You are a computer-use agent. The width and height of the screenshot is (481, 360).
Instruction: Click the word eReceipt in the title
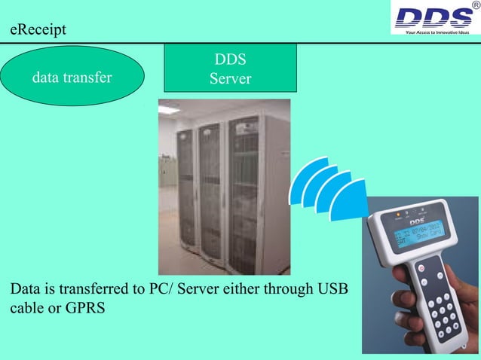pos(38,31)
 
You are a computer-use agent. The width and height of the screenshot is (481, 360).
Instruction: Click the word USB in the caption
pos(332,288)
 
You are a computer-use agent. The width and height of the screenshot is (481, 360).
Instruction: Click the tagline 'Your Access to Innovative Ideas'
pos(437,32)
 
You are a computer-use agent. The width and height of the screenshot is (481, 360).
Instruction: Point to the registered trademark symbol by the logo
pos(473,6)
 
